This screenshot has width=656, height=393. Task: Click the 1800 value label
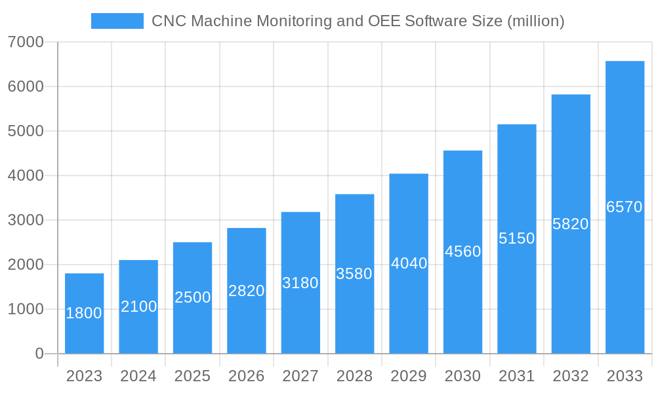[84, 313]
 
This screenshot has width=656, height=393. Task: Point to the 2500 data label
[192, 297]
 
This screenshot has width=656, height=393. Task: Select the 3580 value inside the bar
[354, 274]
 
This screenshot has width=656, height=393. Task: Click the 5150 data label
[516, 238]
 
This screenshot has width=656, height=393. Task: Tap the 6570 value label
[625, 207]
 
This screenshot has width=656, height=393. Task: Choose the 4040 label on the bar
[409, 263]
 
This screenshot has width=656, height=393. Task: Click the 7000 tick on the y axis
[26, 42]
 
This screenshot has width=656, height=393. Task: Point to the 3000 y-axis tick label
[26, 220]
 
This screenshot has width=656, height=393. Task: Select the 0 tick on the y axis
[39, 354]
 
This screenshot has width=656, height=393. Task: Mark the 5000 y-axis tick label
[26, 131]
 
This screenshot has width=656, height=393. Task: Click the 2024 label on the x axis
[138, 376]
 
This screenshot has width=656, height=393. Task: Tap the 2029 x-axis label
[409, 376]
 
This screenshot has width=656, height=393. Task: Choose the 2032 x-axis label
[571, 376]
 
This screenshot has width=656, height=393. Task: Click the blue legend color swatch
[117, 21]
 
